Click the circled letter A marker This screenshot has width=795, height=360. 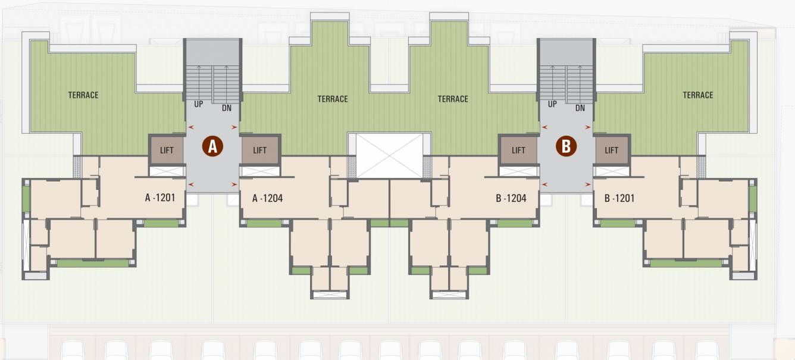click(x=213, y=146)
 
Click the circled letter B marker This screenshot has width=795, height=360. click(x=566, y=146)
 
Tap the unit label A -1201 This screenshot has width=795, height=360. click(x=160, y=198)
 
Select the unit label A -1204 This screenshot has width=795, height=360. click(x=267, y=198)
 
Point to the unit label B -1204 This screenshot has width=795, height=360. click(x=511, y=198)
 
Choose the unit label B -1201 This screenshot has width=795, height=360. click(x=619, y=198)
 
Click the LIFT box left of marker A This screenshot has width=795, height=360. click(x=167, y=150)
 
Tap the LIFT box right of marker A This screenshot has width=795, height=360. click(x=260, y=150)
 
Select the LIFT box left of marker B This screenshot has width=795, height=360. click(x=518, y=150)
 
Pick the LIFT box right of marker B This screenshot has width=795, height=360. click(x=612, y=150)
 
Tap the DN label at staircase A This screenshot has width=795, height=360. click(x=227, y=108)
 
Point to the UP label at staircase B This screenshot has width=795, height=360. click(x=552, y=104)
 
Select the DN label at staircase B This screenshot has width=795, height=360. click(x=580, y=108)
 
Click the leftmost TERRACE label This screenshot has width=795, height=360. click(x=83, y=95)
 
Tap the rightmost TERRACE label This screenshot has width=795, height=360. click(x=698, y=95)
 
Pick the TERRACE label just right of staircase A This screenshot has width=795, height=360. click(x=333, y=99)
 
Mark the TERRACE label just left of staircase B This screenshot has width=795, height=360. click(x=453, y=99)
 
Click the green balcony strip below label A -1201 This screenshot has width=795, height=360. click(x=161, y=224)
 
